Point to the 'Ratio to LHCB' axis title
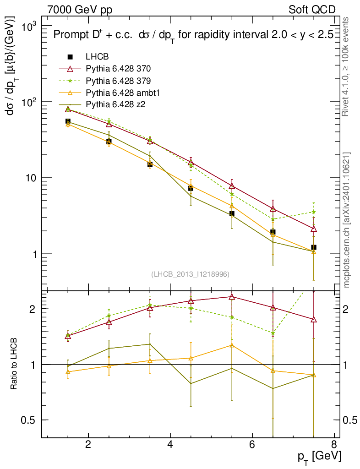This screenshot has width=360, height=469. pyautogui.click(x=14, y=365)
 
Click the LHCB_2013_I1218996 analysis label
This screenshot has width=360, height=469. pyautogui.click(x=190, y=274)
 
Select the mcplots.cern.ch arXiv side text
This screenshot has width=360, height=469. pyautogui.click(x=347, y=220)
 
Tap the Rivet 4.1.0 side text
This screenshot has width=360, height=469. pyautogui.click(x=347, y=67)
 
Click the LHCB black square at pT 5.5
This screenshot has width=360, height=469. pyautogui.click(x=232, y=213)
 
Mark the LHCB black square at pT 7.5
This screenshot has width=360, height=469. pyautogui.click(x=314, y=247)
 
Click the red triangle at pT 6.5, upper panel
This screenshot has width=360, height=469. pyautogui.click(x=273, y=209)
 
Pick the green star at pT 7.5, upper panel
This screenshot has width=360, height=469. pyautogui.click(x=314, y=212)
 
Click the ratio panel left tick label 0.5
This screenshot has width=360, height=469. pyautogui.click(x=31, y=420)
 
